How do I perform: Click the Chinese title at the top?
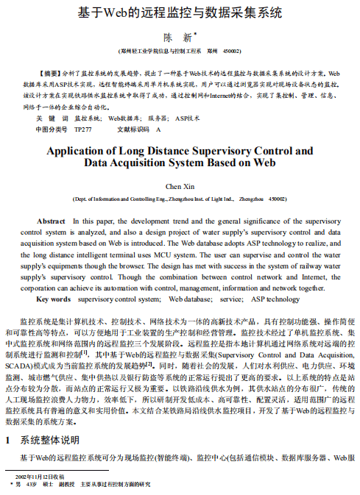pyautogui.click(x=180, y=13)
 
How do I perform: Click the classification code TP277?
pyautogui.click(x=83, y=129)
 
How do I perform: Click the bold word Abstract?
pyautogui.click(x=51, y=221)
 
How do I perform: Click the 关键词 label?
pyautogui.click(x=52, y=118)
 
